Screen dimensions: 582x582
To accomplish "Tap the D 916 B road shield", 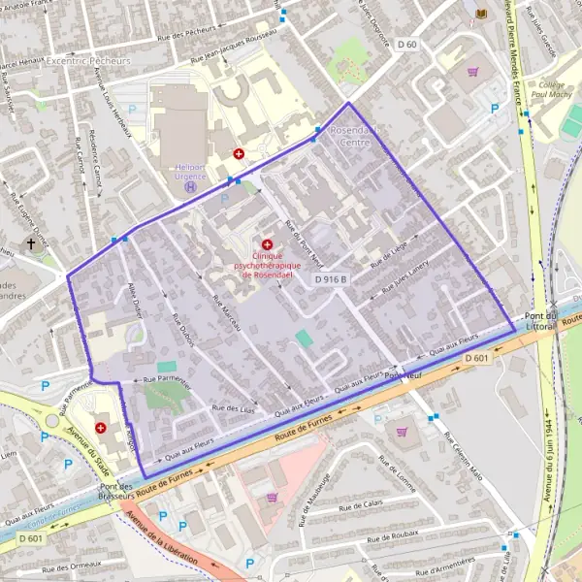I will pyautogui.click(x=330, y=278).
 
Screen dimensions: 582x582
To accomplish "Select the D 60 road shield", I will pyautogui.click(x=406, y=45).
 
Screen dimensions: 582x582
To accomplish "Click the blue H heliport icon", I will pyautogui.click(x=191, y=186).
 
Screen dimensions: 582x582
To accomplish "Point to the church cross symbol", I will pyautogui.click(x=30, y=244).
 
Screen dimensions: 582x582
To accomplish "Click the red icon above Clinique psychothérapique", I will pyautogui.click(x=267, y=244).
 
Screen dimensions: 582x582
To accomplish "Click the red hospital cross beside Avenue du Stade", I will pyautogui.click(x=102, y=427).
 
